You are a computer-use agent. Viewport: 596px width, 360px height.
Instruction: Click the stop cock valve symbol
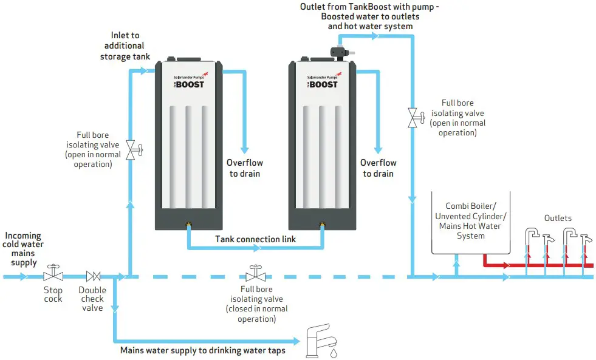click(x=53, y=274)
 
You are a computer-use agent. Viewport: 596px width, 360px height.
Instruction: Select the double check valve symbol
click(x=93, y=276)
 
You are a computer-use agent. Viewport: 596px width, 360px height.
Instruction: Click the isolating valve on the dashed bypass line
click(x=255, y=273)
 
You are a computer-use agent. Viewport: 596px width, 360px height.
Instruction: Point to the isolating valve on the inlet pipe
click(x=131, y=149)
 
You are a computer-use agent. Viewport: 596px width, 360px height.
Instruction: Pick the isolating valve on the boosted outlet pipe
click(x=413, y=117)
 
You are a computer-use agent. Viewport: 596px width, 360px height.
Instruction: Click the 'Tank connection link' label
click(x=256, y=239)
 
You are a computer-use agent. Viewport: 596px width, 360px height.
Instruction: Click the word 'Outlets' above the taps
click(x=557, y=218)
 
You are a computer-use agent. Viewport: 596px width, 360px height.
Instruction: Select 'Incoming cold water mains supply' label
click(x=23, y=249)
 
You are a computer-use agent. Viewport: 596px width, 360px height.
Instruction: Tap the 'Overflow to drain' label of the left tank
click(x=244, y=168)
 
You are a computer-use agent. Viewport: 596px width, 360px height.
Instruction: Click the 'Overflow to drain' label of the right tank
click(x=378, y=168)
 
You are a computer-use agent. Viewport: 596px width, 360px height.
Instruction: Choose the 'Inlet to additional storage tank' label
click(x=124, y=46)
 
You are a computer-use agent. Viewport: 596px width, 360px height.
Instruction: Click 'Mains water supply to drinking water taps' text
click(x=202, y=350)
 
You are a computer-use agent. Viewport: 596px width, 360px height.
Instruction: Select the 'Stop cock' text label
click(x=53, y=294)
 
